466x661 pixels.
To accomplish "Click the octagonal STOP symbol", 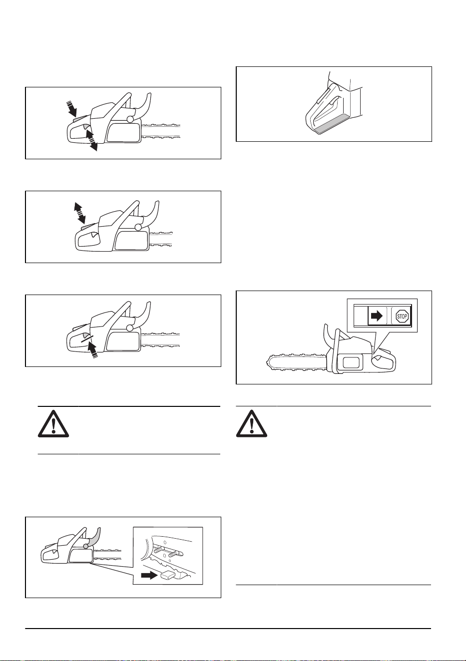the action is coord(402,317).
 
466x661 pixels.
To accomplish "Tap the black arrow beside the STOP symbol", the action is coord(377,317).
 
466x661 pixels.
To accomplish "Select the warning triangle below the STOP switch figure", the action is coord(252,423).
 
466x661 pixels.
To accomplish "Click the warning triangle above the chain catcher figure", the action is coord(53,423).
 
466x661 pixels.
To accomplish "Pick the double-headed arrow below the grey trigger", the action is coord(91,140).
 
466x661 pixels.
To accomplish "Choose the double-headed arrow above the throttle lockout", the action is coord(79,213).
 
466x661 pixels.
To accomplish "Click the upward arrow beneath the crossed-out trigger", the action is coord(93,349).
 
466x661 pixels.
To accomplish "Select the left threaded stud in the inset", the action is coord(158,549).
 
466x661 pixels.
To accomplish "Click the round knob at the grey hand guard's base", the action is coord(86,546).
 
